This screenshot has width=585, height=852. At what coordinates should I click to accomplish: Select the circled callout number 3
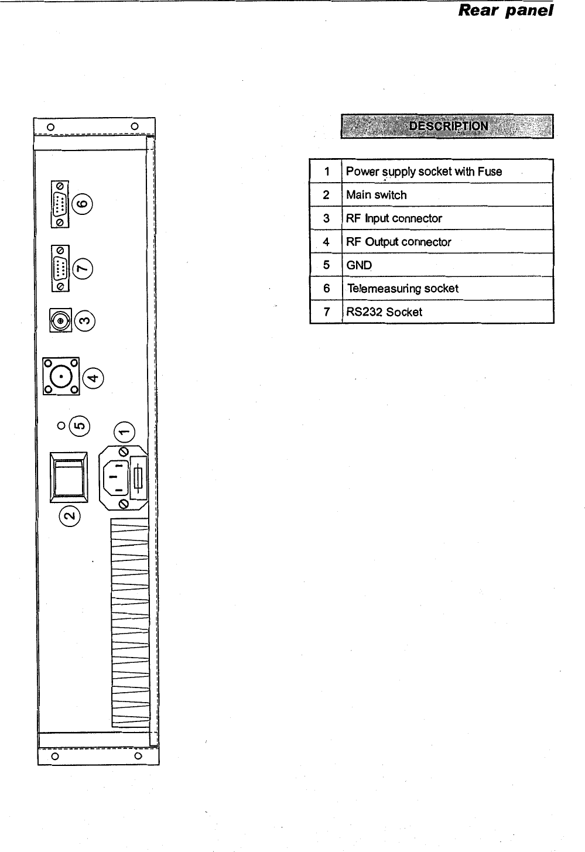coord(85,321)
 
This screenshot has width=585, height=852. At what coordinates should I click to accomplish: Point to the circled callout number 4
coord(93,377)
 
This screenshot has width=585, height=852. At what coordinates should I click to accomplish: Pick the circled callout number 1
coord(124,433)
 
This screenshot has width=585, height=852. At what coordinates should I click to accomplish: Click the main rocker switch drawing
coord(69,477)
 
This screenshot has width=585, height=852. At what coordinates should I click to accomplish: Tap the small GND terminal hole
coord(61,426)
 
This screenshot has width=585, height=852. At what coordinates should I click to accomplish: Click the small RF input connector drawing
coord(61,321)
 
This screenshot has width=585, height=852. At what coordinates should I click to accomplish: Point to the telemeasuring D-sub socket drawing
coord(60,204)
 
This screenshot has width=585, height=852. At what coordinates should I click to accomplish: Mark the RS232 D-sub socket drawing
coord(60,268)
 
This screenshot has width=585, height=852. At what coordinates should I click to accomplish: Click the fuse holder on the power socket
coord(138,477)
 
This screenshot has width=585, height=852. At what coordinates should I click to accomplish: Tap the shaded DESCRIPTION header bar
coord(447,126)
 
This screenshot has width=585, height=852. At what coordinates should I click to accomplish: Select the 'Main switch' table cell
coord(377,195)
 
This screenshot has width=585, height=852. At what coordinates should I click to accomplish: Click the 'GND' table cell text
coord(359,265)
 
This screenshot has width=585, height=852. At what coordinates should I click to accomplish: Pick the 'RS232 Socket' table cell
coord(384,312)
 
